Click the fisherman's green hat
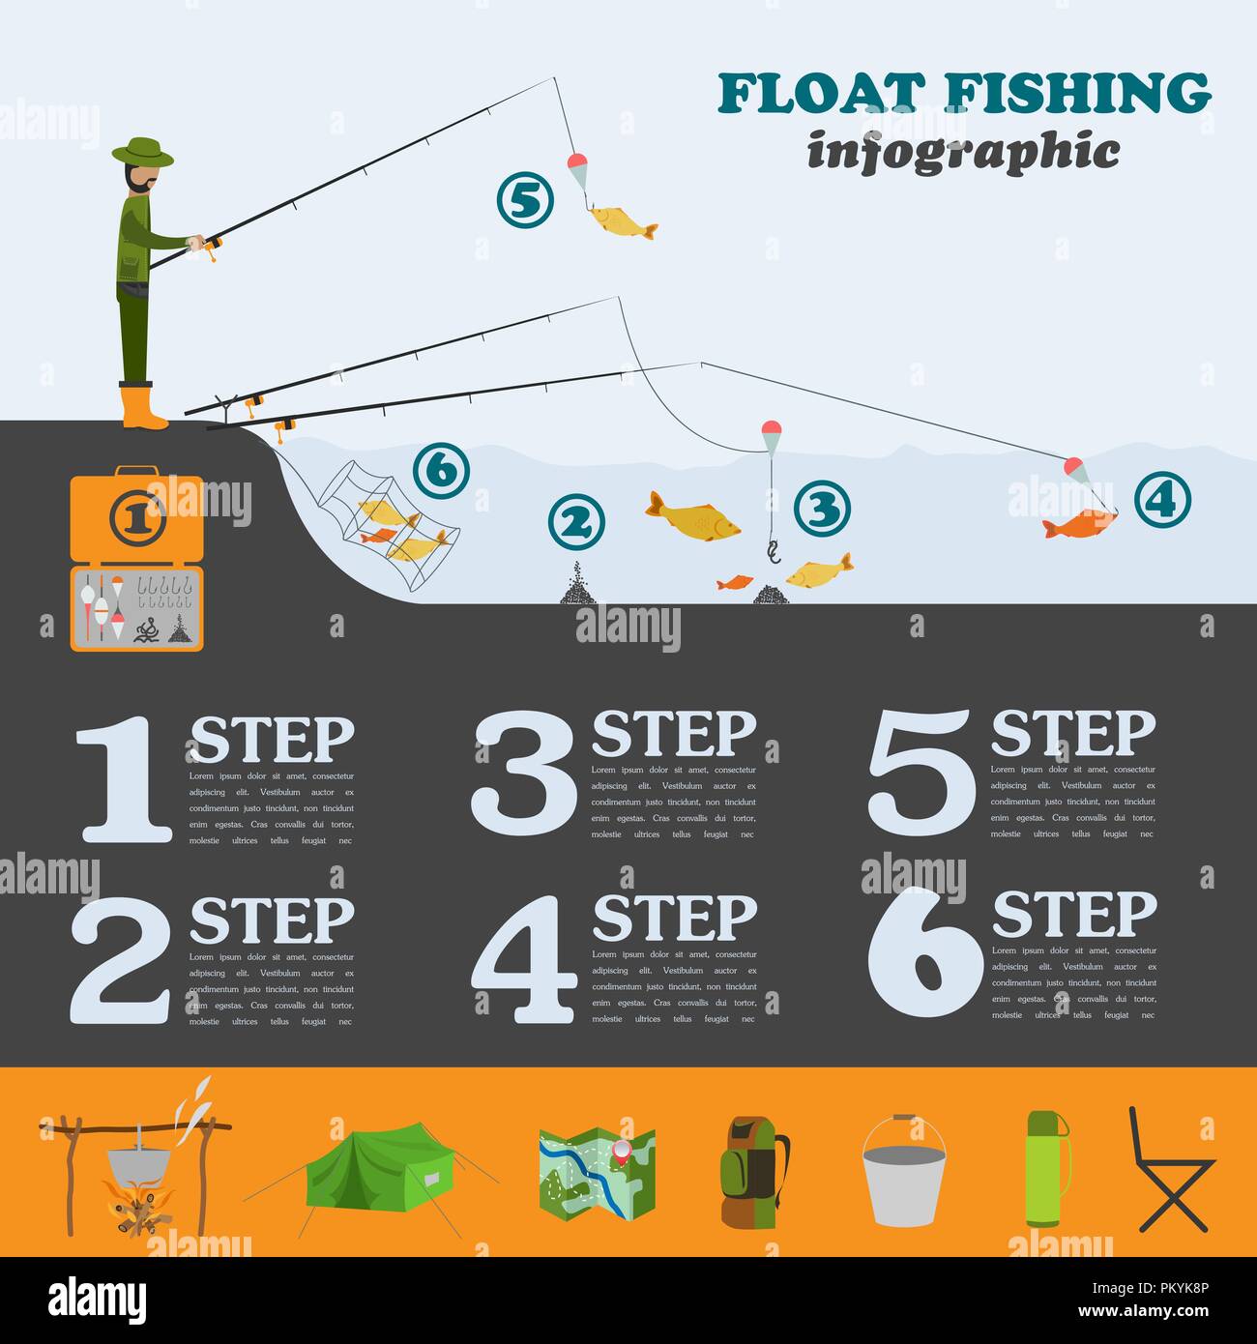click(142, 151)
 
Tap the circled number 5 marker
click(524, 200)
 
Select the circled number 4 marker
click(1161, 499)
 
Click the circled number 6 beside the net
click(440, 471)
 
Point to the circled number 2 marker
click(575, 522)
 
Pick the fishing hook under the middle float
click(773, 552)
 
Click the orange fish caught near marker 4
click(1078, 524)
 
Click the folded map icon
click(597, 1172)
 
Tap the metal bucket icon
click(904, 1173)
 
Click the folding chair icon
click(1171, 1171)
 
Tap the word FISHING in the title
click(1077, 94)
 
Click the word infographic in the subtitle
click(963, 153)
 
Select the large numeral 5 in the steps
click(921, 773)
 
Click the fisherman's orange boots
click(142, 406)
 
